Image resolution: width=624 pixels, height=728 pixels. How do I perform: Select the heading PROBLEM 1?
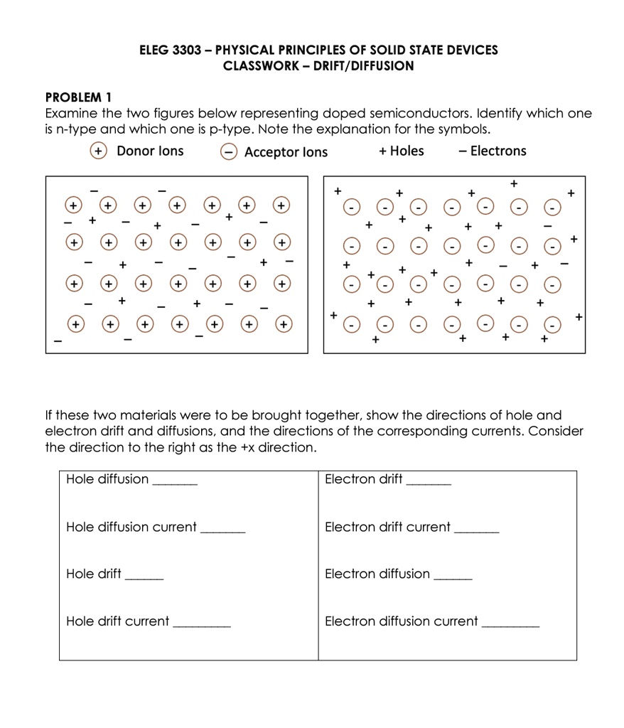pos(78,97)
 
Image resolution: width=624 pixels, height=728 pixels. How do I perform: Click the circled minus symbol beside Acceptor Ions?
pos(227,151)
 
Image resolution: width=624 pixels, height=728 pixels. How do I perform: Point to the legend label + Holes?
pos(402,151)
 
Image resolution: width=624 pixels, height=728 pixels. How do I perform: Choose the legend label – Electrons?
pos(493,151)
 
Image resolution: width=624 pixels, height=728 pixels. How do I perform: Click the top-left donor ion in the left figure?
pos(72,205)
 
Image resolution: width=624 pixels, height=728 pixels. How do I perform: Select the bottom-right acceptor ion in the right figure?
pos(551,328)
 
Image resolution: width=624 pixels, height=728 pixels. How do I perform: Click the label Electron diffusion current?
pos(401,621)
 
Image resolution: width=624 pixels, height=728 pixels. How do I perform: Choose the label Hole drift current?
pos(117,621)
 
